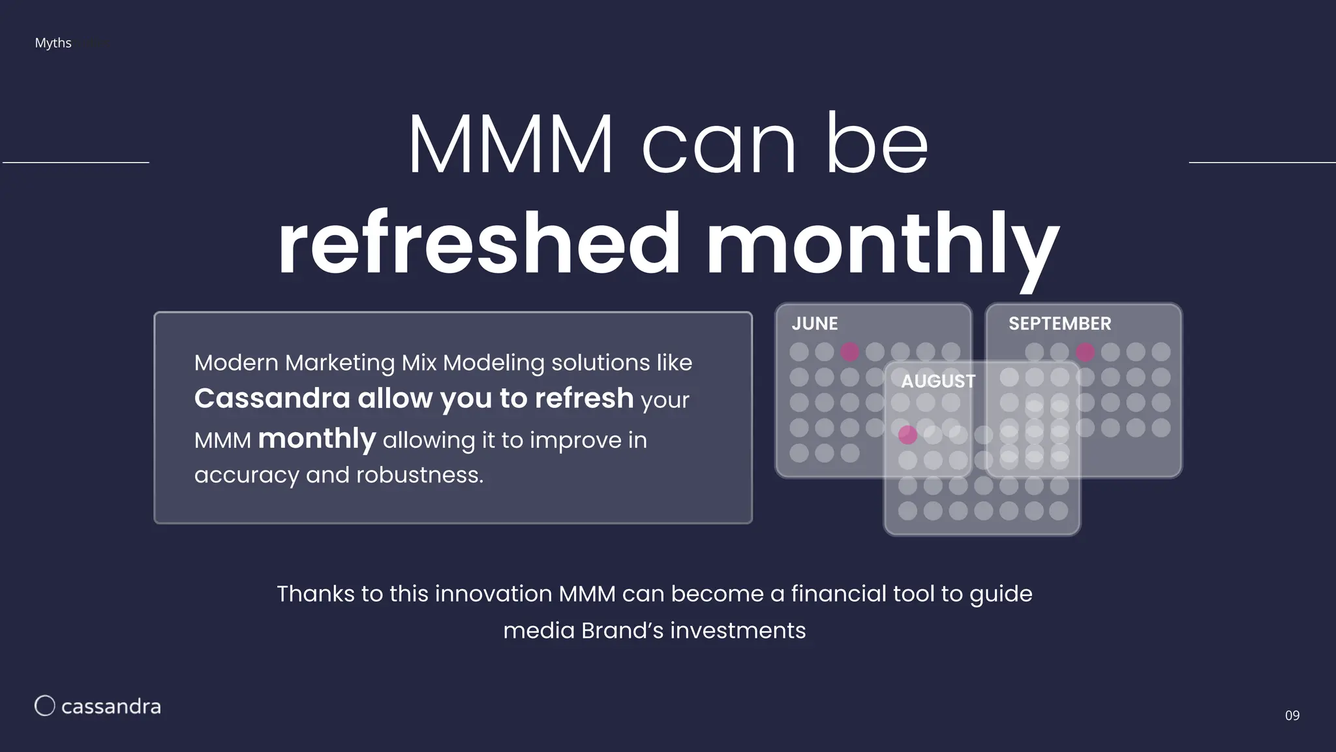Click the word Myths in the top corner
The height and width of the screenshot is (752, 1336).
pos(53,43)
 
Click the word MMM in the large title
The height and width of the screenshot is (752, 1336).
pos(511,145)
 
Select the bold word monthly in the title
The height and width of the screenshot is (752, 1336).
pos(882,243)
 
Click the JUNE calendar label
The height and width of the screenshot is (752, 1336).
pos(814,324)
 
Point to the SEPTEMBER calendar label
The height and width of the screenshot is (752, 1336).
pos(1059,324)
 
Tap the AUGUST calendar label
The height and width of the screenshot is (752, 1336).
pos(938,381)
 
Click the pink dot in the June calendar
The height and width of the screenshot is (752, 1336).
pos(849,352)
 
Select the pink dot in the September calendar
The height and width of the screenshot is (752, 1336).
pos(1085,352)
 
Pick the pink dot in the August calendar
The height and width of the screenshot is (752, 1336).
pos(907,435)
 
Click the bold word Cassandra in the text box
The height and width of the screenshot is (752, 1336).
pos(271,398)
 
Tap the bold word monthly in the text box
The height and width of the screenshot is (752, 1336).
pos(317,439)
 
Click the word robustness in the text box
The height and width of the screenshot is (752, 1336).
pos(419,475)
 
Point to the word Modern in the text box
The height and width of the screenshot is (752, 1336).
pos(236,362)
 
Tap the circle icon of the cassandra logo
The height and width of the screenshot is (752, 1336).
pos(44,706)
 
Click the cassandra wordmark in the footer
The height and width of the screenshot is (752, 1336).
pos(111,706)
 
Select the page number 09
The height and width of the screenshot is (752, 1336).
pos(1292,715)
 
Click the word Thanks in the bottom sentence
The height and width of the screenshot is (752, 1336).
pos(315,594)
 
